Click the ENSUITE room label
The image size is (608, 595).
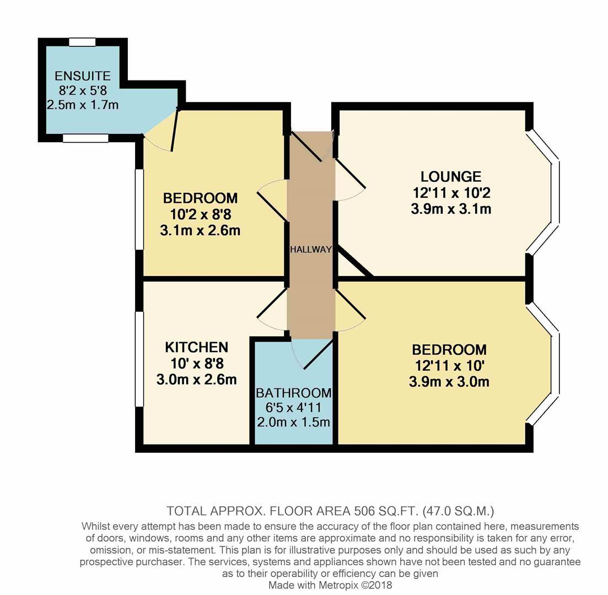(x=83, y=76)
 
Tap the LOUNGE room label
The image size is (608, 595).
(x=451, y=177)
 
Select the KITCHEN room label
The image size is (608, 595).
(x=196, y=347)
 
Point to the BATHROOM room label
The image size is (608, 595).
(x=293, y=393)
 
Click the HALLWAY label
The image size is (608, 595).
(x=311, y=249)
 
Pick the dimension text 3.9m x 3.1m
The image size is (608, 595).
(x=451, y=209)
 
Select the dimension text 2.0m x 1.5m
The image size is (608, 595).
(x=293, y=422)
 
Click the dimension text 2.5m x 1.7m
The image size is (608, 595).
(x=83, y=105)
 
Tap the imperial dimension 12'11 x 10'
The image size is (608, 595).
(x=449, y=365)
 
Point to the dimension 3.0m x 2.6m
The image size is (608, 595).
(x=196, y=380)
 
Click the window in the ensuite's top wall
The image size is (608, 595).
(x=83, y=41)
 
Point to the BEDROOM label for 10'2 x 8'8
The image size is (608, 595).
(x=200, y=198)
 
